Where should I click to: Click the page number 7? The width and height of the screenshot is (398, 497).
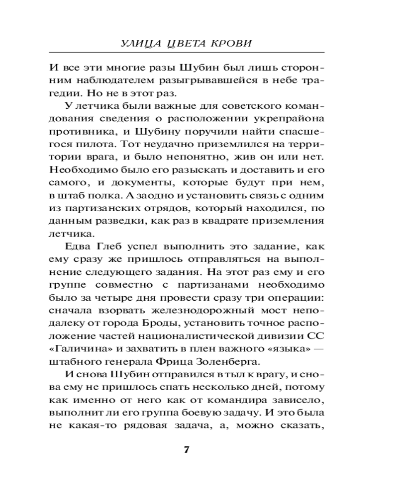point(187,450)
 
